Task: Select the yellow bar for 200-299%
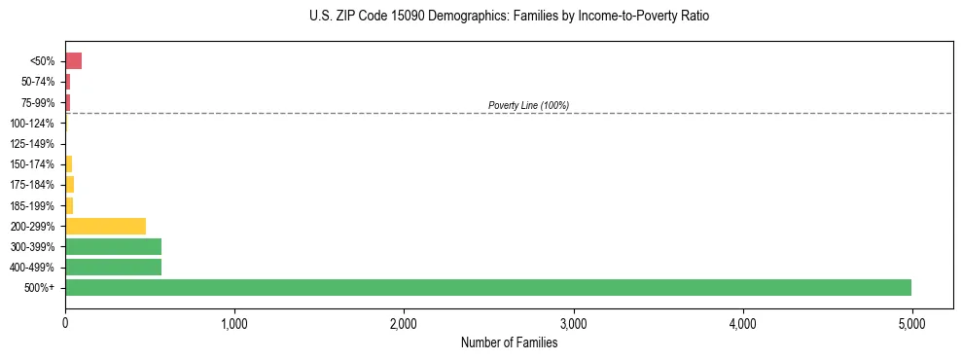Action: click(x=105, y=226)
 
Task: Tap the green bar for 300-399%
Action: click(x=113, y=246)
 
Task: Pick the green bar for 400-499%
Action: click(x=113, y=267)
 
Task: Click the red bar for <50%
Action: click(x=73, y=61)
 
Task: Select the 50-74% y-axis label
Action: click(x=38, y=82)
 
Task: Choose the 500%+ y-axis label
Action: click(x=42, y=288)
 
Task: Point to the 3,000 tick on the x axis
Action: click(x=573, y=323)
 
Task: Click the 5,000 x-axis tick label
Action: click(x=911, y=323)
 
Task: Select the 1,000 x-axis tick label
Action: click(x=234, y=323)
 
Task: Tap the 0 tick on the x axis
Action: click(x=65, y=323)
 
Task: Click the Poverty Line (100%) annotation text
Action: click(x=528, y=105)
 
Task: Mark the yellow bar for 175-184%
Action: click(x=69, y=185)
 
